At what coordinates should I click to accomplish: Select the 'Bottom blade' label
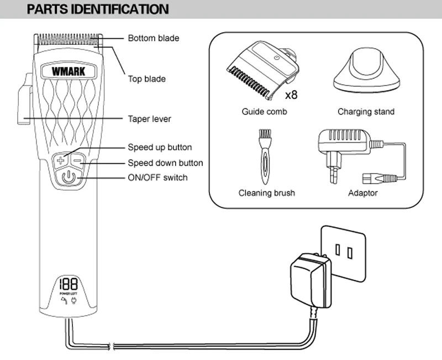pos(154,38)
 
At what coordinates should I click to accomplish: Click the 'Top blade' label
pos(146,79)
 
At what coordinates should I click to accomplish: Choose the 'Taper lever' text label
pos(150,119)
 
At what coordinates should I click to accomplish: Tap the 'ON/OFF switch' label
pos(157,178)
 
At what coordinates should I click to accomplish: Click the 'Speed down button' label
pos(165,163)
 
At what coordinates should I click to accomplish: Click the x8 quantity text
pos(291,95)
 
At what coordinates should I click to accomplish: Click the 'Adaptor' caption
pos(363,193)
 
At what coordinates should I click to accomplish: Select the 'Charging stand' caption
pos(366,112)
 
